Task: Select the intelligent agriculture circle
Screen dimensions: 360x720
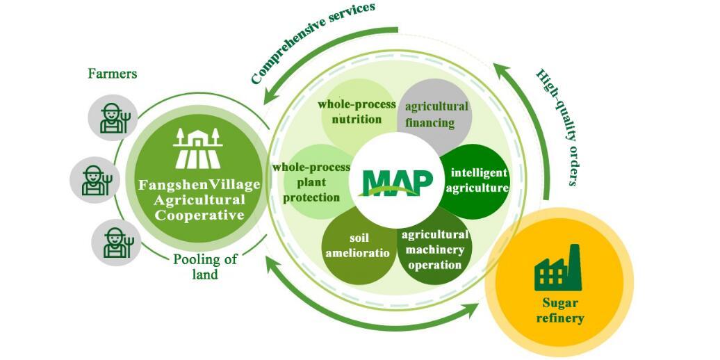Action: point(476,180)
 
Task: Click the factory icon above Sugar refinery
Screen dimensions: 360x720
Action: point(557,268)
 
